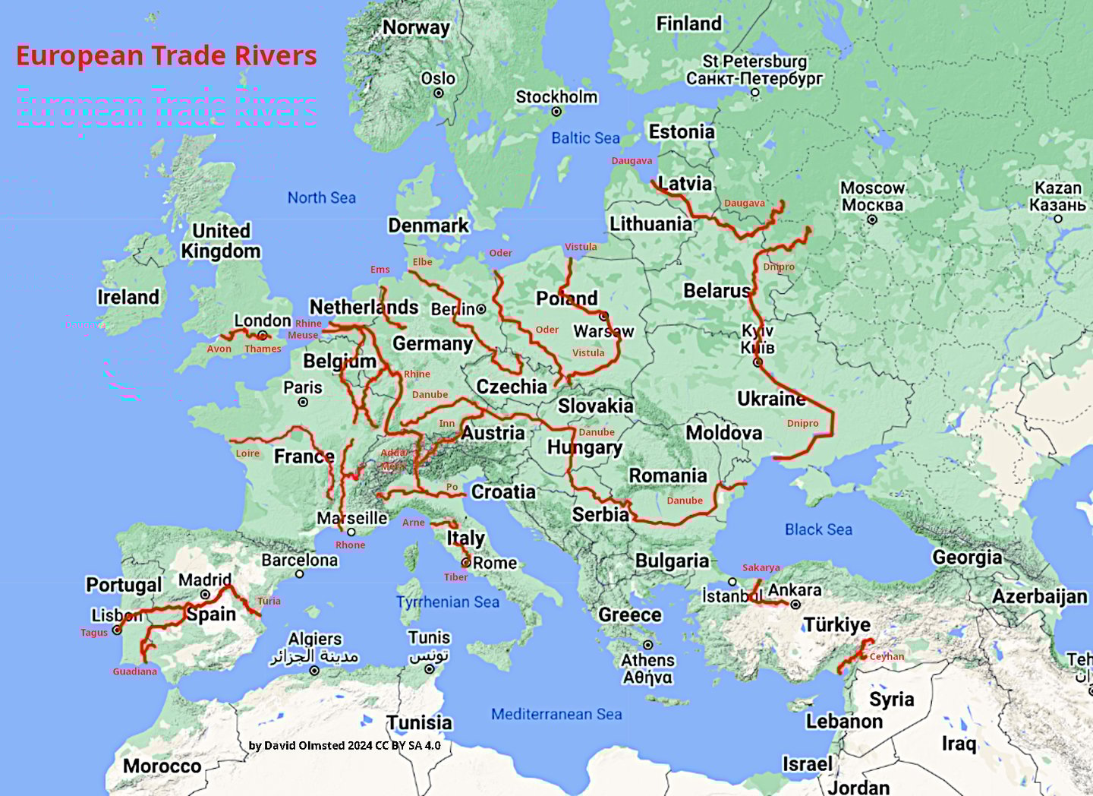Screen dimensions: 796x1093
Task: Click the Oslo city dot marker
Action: click(439, 93)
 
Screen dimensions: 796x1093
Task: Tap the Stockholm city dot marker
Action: click(556, 112)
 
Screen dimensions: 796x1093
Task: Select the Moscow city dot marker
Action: click(872, 220)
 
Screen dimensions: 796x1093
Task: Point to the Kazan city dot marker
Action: click(1058, 219)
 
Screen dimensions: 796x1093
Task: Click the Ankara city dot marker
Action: click(795, 605)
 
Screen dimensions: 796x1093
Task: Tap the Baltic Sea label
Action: click(585, 138)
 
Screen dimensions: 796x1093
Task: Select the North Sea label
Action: click(321, 198)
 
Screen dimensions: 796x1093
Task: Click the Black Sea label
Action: click(818, 529)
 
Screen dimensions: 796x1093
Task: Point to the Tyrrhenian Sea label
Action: click(448, 602)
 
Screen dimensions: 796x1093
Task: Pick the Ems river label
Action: click(380, 270)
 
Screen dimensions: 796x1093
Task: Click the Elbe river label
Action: click(422, 262)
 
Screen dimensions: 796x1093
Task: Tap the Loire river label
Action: click(247, 453)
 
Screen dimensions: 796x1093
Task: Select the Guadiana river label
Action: click(135, 671)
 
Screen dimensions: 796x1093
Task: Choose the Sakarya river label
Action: click(761, 567)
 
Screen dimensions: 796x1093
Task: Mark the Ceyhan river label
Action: click(887, 657)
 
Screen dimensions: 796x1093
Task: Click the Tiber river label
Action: click(455, 577)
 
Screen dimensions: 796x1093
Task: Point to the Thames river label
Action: click(263, 349)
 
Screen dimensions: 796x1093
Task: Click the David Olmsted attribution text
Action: click(345, 745)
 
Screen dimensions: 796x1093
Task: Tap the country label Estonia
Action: click(682, 132)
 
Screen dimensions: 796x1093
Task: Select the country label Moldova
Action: click(723, 433)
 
